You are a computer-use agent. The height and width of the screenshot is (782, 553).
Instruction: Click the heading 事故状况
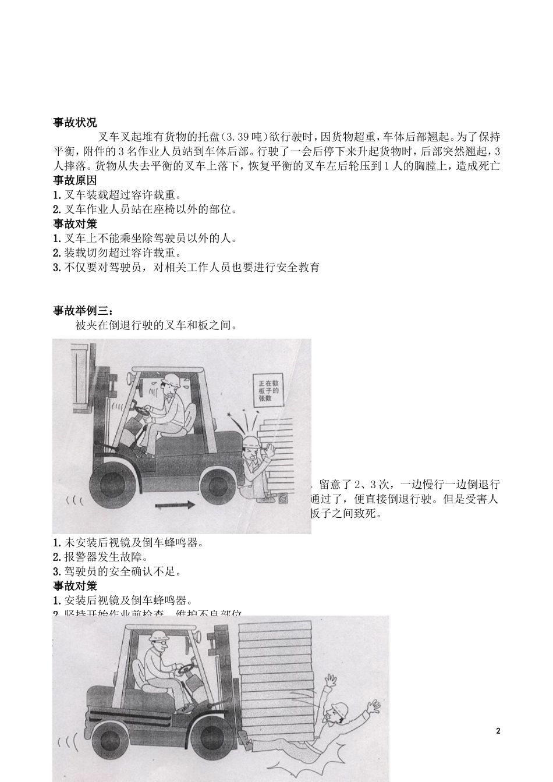(x=75, y=122)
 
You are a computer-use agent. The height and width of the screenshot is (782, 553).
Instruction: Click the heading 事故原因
(x=75, y=180)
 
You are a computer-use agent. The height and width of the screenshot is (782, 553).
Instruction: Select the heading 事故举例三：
(x=79, y=311)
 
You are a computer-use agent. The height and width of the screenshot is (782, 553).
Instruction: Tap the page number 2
(x=498, y=731)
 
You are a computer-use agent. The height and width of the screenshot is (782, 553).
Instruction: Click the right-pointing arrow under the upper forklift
(x=175, y=506)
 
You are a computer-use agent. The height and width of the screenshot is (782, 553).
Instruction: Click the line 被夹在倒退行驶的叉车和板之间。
(x=157, y=325)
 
